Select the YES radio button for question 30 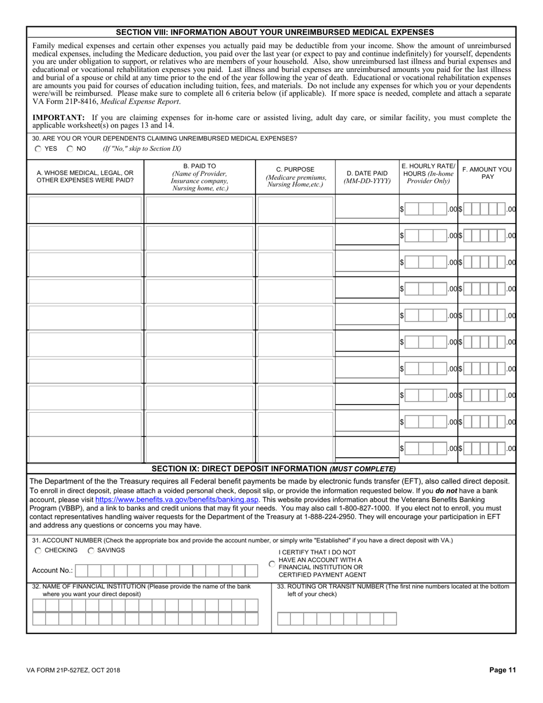(x=38, y=149)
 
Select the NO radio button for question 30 (x=70, y=149)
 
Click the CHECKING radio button (x=38, y=550)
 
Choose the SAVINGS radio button (x=91, y=550)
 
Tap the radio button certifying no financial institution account (x=272, y=564)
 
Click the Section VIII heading (x=275, y=32)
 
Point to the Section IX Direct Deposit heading (x=273, y=469)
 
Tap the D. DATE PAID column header (x=366, y=177)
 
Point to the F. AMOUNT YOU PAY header (x=487, y=173)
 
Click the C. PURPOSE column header (x=296, y=177)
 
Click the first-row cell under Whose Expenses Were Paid (x=85, y=209)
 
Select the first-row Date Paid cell (x=366, y=209)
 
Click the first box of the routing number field (x=284, y=618)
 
